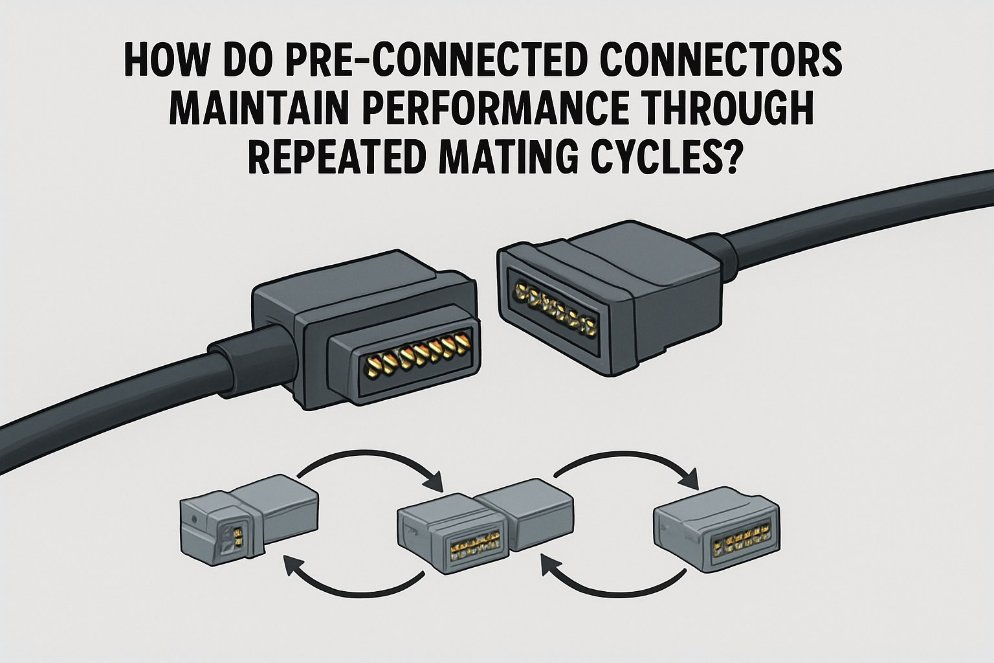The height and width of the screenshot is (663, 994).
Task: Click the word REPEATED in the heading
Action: pyautogui.click(x=330, y=159)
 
